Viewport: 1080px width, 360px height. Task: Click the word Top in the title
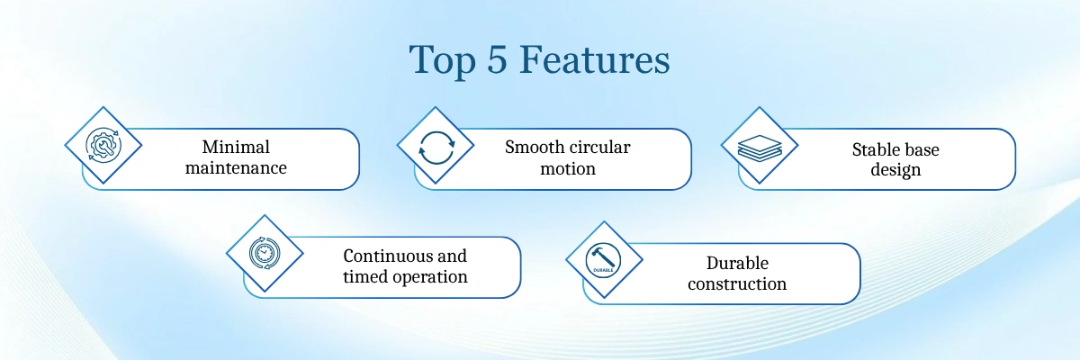click(x=443, y=60)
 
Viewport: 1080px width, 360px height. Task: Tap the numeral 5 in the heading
click(x=497, y=59)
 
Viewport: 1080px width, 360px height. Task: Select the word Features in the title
click(x=595, y=59)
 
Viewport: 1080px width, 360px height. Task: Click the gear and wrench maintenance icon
click(x=103, y=145)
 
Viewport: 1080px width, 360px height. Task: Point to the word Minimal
click(x=236, y=147)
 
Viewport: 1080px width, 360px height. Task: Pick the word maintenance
click(x=236, y=167)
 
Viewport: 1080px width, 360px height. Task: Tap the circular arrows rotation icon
click(x=436, y=148)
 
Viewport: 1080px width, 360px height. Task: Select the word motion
click(x=568, y=168)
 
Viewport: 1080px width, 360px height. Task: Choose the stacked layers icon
click(x=760, y=148)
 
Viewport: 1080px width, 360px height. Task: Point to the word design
click(x=895, y=170)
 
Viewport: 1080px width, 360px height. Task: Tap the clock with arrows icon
click(x=265, y=253)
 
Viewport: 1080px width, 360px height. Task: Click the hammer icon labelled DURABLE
click(x=603, y=260)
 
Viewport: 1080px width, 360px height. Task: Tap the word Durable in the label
click(x=737, y=263)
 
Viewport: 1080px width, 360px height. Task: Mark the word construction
click(x=737, y=283)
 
